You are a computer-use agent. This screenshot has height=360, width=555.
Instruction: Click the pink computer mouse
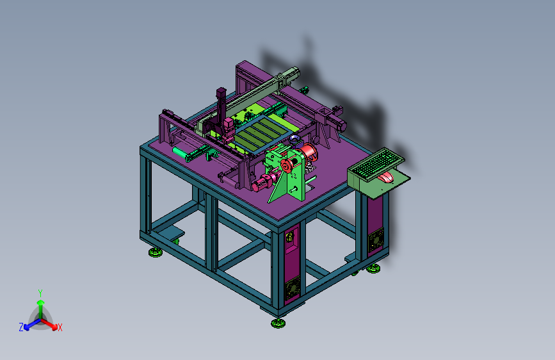(386, 177)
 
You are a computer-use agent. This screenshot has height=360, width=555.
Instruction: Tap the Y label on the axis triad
(40, 293)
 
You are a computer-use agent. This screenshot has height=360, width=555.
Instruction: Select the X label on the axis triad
(60, 327)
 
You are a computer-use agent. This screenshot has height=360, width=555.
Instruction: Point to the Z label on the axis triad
(21, 327)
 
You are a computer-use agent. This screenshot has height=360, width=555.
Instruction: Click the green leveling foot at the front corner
(278, 323)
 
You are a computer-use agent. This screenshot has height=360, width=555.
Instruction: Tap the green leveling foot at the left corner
(156, 252)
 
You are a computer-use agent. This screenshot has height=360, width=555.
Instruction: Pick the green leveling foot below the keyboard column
(373, 268)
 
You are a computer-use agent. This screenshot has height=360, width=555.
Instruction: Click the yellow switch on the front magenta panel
(289, 236)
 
